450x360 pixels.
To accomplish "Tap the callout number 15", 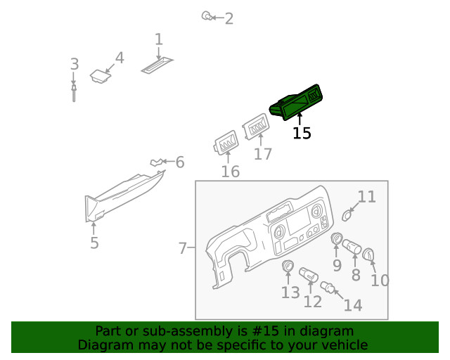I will coord(302,133).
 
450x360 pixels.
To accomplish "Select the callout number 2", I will coord(229,18).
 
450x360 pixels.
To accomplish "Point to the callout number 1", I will coord(159,39).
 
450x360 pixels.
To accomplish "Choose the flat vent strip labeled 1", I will coord(155,66).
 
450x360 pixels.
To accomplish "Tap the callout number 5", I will coord(94,243).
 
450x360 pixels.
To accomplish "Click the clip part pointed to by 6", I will coord(156,164).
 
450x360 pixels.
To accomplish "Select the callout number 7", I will coord(182,248).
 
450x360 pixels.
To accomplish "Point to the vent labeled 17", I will coord(256,128).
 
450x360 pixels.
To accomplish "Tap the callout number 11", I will coord(367,197).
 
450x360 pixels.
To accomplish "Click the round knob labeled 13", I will coord(288,266).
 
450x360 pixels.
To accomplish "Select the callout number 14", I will coord(353,305).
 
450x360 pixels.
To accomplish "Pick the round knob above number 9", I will coord(336,240).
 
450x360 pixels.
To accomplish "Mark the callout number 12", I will coord(312,302).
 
